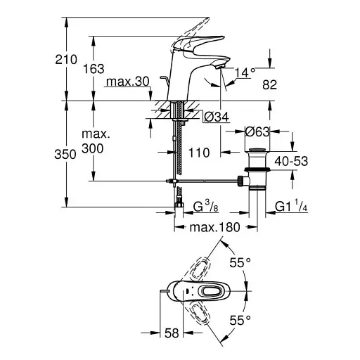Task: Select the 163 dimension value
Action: coord(93,69)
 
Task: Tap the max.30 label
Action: coord(127,82)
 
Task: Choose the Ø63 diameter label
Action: coord(259,130)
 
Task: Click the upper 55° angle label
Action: coord(240,262)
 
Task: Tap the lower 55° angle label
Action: coord(240,320)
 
